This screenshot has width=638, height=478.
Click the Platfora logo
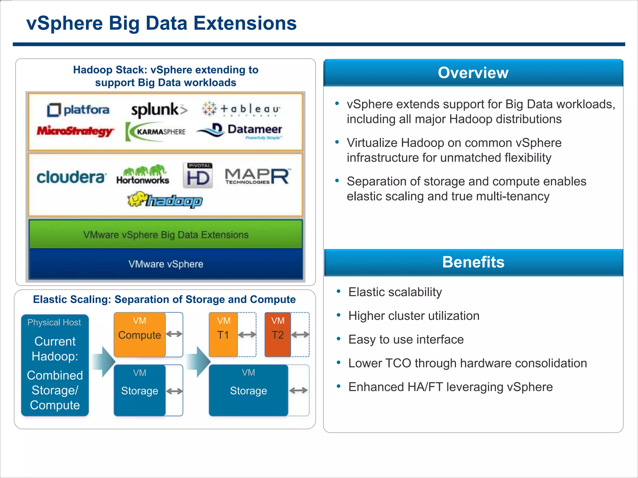[x=78, y=110]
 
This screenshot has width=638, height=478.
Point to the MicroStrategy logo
[x=75, y=131]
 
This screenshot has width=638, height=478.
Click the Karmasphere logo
[x=156, y=132]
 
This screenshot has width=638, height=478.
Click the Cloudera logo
[x=71, y=177]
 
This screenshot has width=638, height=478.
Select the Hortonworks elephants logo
[x=143, y=175]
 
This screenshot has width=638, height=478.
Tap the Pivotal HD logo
[x=198, y=176]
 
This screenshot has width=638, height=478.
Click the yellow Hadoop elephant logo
[x=165, y=200]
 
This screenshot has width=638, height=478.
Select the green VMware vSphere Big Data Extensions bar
[x=165, y=234]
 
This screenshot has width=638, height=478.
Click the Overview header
[x=473, y=73]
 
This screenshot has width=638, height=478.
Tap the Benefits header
[x=473, y=262]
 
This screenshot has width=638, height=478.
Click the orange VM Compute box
[x=140, y=335]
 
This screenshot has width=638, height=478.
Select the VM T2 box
[x=278, y=335]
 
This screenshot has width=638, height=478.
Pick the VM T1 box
[x=223, y=335]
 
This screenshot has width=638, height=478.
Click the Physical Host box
[x=55, y=365]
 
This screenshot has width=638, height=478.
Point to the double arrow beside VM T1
[x=247, y=335]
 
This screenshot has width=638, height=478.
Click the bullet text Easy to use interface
[x=406, y=340]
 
